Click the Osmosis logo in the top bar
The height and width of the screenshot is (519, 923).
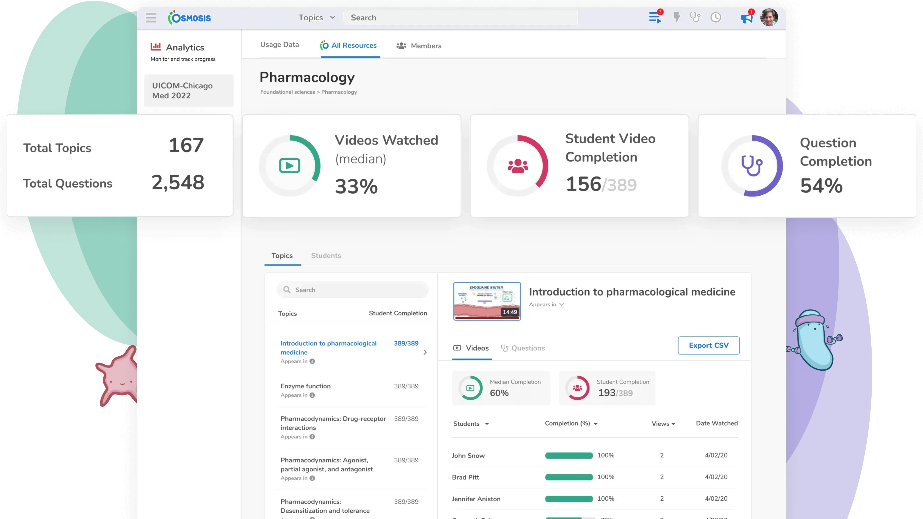pos(190,18)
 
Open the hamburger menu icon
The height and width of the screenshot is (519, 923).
pos(151,18)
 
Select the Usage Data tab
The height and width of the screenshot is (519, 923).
pos(280,44)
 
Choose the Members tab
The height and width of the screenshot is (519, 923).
pos(419,46)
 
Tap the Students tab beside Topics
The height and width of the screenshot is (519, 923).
pos(326,255)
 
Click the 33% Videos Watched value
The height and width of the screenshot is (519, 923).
pos(356,186)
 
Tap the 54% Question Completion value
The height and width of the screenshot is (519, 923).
pos(821,186)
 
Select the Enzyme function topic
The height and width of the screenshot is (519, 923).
pos(306,386)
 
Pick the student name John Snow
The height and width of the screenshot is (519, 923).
pos(468,455)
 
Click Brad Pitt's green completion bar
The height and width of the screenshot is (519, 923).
pos(569,477)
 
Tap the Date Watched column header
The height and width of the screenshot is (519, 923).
pos(717,423)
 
